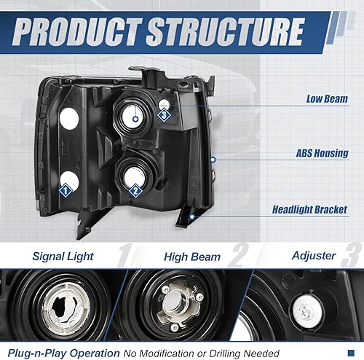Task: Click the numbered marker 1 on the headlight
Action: click(x=65, y=189)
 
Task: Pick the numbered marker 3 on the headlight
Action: click(x=165, y=114)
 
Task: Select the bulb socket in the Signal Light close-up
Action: click(x=62, y=302)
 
